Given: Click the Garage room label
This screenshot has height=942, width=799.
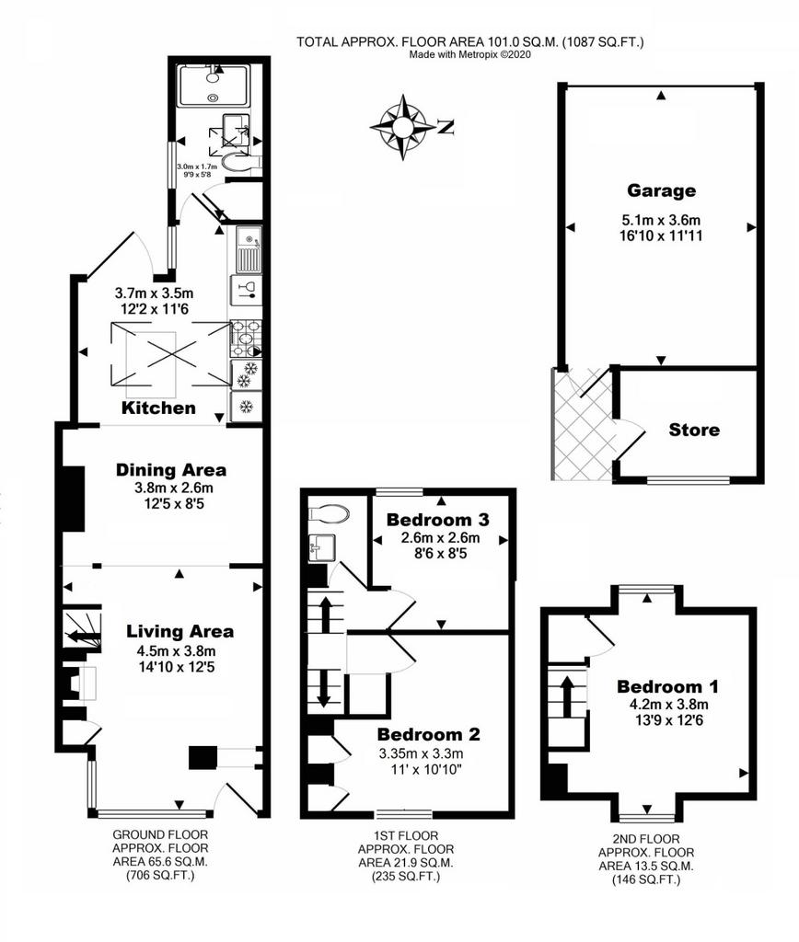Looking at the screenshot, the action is coord(661,191).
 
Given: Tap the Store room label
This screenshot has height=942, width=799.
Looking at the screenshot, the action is coord(694,430).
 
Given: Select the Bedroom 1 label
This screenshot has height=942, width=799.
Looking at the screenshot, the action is coord(667,686).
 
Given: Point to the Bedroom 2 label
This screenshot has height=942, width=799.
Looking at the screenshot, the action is coord(429,734).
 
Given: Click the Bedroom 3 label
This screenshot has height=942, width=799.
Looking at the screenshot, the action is coord(437,519).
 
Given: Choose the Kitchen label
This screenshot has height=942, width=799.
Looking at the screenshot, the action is coord(158,408).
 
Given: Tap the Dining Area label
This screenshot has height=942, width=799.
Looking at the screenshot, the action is coord(171,470).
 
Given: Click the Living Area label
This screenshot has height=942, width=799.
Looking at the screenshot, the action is coord(179,631).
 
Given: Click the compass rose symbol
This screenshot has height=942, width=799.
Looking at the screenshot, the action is coord(401,127).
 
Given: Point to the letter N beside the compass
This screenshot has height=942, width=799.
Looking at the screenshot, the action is coord(446,127).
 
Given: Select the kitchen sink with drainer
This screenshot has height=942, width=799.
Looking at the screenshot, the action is coord(249,249).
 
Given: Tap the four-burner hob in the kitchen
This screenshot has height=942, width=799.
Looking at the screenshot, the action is coord(246,339).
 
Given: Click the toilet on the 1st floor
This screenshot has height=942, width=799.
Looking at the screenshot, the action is coord(329,514).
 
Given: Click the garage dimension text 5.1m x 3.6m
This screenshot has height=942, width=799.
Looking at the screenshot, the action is coord(661,221).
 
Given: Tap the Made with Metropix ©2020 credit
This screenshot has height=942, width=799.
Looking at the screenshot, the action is coord(470,54).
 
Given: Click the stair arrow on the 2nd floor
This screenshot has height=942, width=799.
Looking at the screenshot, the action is coord(566,695).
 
